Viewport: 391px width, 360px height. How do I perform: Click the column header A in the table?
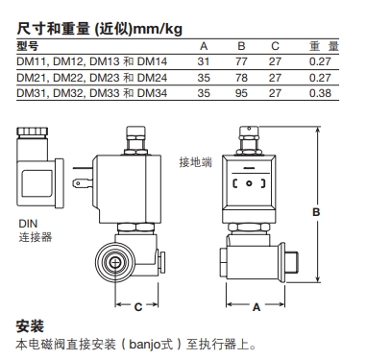coord(204,46)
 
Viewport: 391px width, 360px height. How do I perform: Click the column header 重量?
coord(324,46)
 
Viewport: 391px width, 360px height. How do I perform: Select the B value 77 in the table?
coord(241,61)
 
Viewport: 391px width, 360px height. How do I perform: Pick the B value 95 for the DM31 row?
coord(241,93)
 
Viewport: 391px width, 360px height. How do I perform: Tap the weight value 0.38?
coord(320,93)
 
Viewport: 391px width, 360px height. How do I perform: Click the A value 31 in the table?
coord(204,61)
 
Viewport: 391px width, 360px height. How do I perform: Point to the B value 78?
coord(241,78)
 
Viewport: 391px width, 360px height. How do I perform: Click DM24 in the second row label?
coord(152,78)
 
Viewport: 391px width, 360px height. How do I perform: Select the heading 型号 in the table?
coord(27,46)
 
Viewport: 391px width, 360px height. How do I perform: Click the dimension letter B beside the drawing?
coord(316,212)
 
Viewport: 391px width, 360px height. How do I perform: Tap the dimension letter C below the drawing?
coord(138,307)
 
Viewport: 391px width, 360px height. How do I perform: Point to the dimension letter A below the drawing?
coord(257,307)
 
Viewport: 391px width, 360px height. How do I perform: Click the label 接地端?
coord(195,162)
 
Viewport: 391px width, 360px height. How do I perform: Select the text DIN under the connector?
coord(28,224)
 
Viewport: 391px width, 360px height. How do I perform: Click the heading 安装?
coord(30,326)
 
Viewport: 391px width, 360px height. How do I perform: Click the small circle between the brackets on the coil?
coord(249,183)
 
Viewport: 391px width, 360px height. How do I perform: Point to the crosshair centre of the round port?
coord(114,263)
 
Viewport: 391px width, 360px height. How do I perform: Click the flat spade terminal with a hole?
coord(83,183)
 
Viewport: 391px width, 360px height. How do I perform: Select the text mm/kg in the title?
coord(158,29)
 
